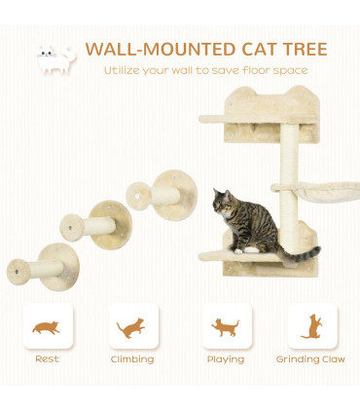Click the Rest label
[47, 359]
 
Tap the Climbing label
[132, 359]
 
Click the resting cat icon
[46, 327]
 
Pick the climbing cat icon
[132, 327]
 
